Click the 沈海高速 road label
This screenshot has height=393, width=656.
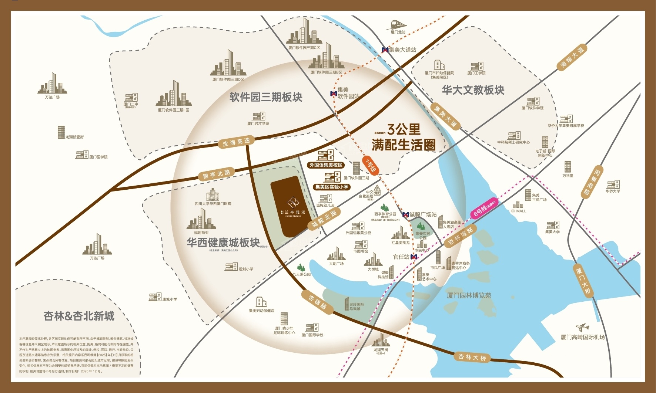(x=236, y=142)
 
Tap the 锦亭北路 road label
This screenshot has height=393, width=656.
(x=217, y=174)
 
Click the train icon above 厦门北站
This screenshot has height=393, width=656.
(x=397, y=25)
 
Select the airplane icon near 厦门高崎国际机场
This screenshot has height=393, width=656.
(x=582, y=328)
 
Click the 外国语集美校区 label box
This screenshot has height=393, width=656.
(x=326, y=165)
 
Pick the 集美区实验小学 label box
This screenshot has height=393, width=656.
(x=332, y=187)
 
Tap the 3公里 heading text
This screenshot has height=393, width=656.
(x=404, y=129)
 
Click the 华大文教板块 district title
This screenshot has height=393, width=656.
(x=473, y=90)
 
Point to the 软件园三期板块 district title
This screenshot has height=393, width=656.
(x=266, y=97)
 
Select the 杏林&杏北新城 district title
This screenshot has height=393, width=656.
(x=79, y=316)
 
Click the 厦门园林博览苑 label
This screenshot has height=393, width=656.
(x=469, y=295)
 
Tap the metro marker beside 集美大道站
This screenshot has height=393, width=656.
(x=385, y=50)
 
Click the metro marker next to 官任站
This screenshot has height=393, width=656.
(x=414, y=257)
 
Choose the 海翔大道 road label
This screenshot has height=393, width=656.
(x=572, y=58)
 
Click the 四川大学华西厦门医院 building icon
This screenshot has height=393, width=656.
(x=212, y=194)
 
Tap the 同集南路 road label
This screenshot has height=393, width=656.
(x=591, y=182)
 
